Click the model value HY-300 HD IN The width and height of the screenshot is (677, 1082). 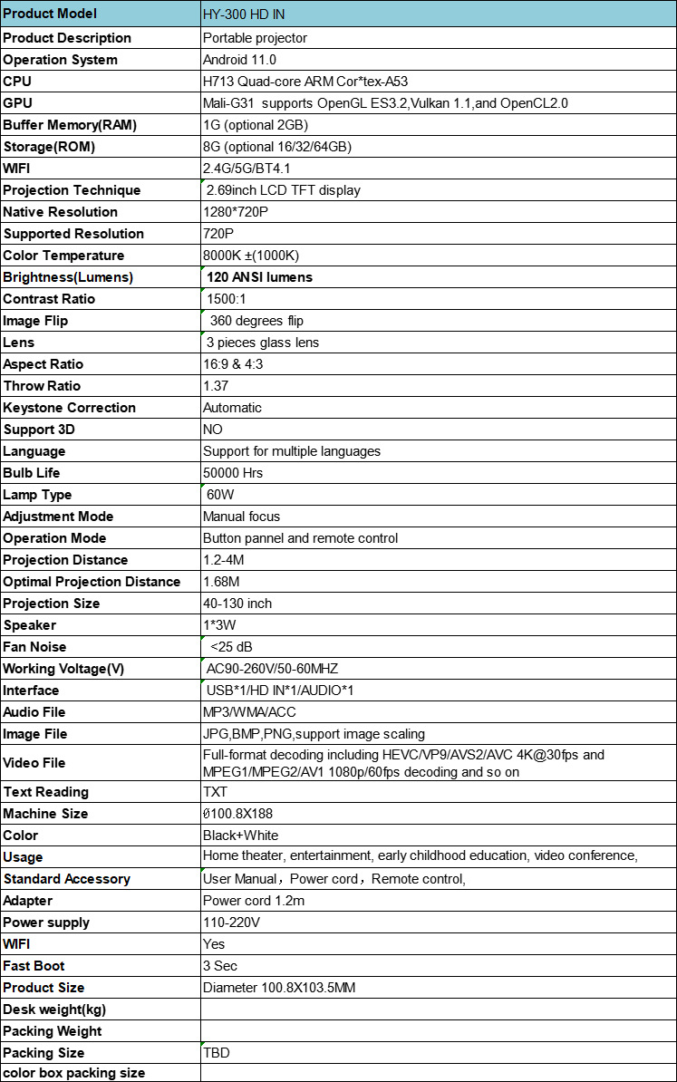pos(247,14)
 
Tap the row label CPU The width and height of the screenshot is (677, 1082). pos(17,82)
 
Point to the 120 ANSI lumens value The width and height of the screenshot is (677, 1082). pos(260,277)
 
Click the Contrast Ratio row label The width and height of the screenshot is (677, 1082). pos(49,299)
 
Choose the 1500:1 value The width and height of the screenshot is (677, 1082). pos(227,299)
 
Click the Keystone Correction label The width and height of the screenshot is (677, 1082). pos(70,408)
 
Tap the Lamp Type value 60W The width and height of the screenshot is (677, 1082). pos(222,495)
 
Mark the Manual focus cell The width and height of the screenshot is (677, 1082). pos(242,517)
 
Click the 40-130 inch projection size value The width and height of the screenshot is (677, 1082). pos(237,604)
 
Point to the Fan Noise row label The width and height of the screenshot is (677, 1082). pos(34,647)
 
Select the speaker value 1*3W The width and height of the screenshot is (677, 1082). pos(220,625)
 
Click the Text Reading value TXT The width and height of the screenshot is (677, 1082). pos(216,792)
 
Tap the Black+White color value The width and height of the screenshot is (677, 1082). pos(241,836)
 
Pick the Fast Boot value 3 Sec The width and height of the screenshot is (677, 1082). pos(220,966)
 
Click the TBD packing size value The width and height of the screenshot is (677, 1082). pos(217,1053)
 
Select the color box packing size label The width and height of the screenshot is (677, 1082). pos(74,1073)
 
